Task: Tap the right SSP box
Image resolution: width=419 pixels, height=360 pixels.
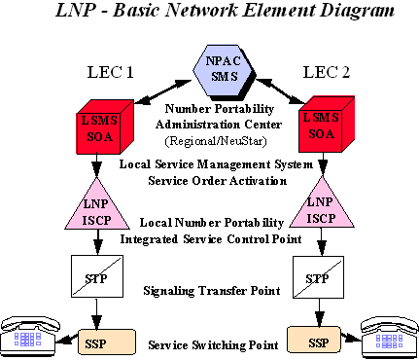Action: pyautogui.click(x=315, y=342)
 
